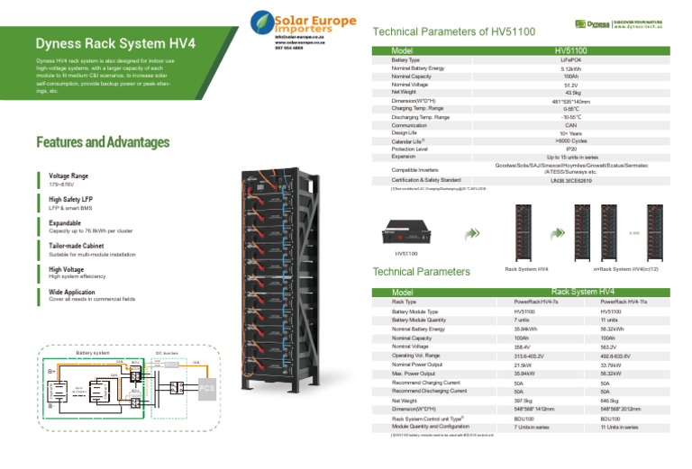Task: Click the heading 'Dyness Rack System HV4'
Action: (x=115, y=43)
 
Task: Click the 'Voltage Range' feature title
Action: (x=70, y=176)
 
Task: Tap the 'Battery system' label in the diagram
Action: (x=95, y=353)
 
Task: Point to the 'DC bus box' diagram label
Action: (x=168, y=353)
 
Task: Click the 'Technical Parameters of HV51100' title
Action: (x=453, y=32)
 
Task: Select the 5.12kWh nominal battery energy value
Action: (x=570, y=68)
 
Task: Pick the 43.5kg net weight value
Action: (x=571, y=93)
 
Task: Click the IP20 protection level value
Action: (x=570, y=149)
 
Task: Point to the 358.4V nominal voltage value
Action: (x=522, y=347)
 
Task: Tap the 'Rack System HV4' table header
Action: (x=582, y=292)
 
